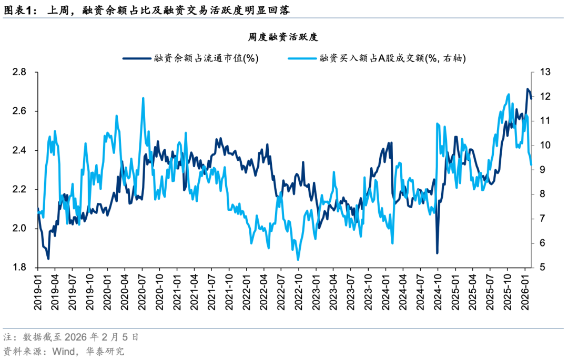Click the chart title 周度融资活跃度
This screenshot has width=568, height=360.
point(284,37)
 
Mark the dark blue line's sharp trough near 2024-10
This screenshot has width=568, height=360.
point(437,253)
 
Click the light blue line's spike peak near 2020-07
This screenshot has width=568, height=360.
point(143,98)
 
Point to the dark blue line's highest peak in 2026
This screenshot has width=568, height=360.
point(528,89)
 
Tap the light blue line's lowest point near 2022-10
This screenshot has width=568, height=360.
point(298,260)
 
